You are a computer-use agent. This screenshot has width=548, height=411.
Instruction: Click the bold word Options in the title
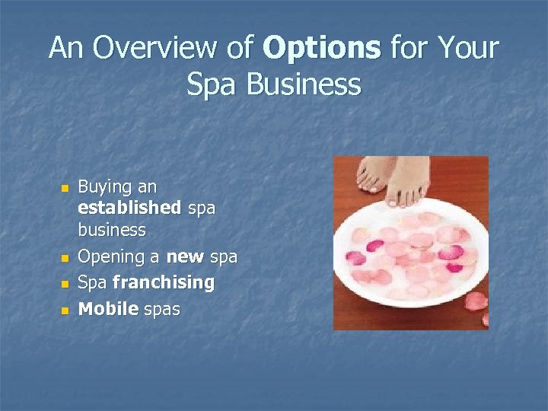point(321,48)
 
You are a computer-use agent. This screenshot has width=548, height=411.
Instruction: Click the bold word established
point(129,208)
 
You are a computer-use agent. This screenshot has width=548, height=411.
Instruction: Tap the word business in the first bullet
point(111,229)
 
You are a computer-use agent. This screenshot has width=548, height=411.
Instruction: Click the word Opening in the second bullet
point(108,257)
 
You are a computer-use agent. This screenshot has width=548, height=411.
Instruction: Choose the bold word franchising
point(163,282)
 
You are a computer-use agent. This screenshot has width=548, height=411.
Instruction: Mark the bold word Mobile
point(108,308)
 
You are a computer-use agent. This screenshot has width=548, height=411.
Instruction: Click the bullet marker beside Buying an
point(65,187)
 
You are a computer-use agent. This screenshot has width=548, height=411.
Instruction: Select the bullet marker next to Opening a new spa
point(65,258)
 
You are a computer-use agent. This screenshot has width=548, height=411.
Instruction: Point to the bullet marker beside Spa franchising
point(65,283)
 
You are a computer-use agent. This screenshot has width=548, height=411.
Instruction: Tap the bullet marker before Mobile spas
point(65,309)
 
